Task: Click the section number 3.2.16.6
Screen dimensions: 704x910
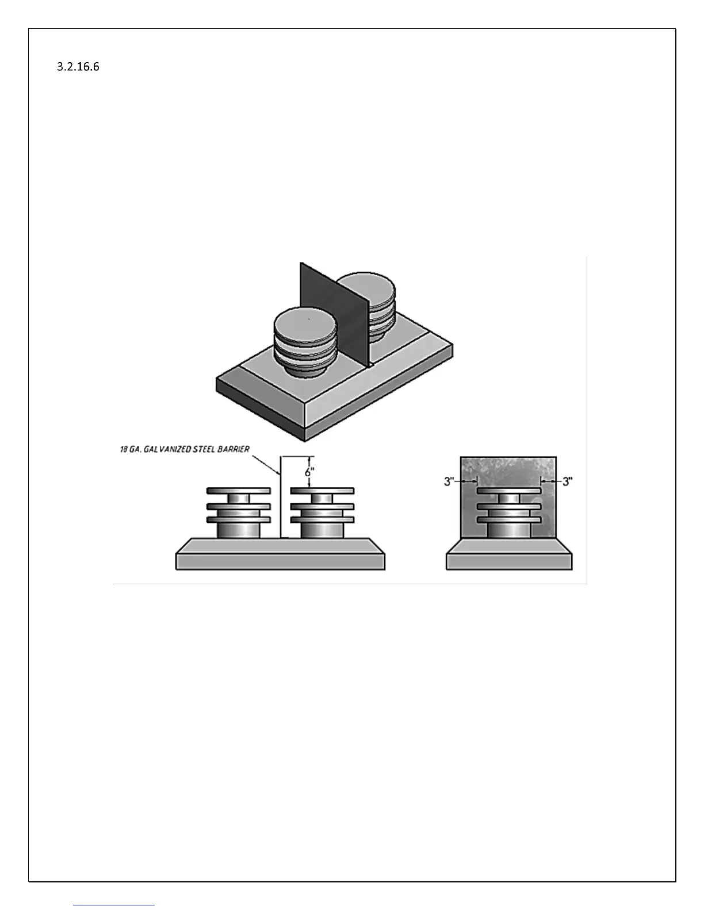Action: (x=78, y=67)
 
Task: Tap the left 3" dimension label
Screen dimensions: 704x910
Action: (x=449, y=481)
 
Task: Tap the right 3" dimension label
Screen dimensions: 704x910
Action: (x=568, y=481)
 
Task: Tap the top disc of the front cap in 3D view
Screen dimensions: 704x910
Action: (x=304, y=326)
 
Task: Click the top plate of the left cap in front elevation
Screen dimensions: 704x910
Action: (x=238, y=491)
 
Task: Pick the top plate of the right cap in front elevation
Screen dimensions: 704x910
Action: (x=322, y=491)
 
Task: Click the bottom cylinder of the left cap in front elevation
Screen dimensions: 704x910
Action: (x=238, y=530)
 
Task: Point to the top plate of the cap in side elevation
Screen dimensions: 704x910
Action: (x=508, y=491)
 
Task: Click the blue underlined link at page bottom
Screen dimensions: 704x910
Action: (x=114, y=904)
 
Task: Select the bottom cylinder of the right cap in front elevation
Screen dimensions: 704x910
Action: (x=322, y=530)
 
